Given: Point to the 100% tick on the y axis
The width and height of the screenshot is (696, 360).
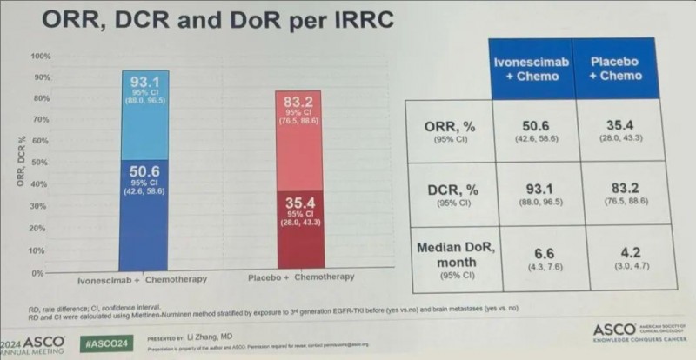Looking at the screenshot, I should click(x=42, y=56).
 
